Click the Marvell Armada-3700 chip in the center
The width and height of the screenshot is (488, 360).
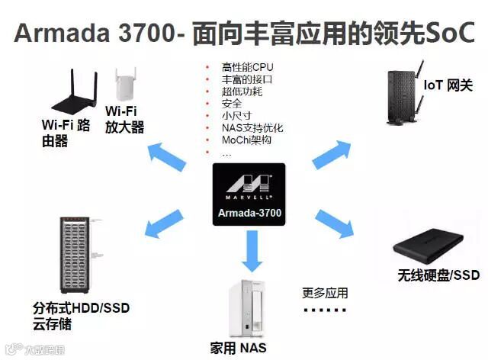249,194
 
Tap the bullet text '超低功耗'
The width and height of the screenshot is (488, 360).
236,92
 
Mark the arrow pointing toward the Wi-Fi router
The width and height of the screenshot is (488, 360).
167,156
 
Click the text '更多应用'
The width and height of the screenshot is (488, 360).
325,293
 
